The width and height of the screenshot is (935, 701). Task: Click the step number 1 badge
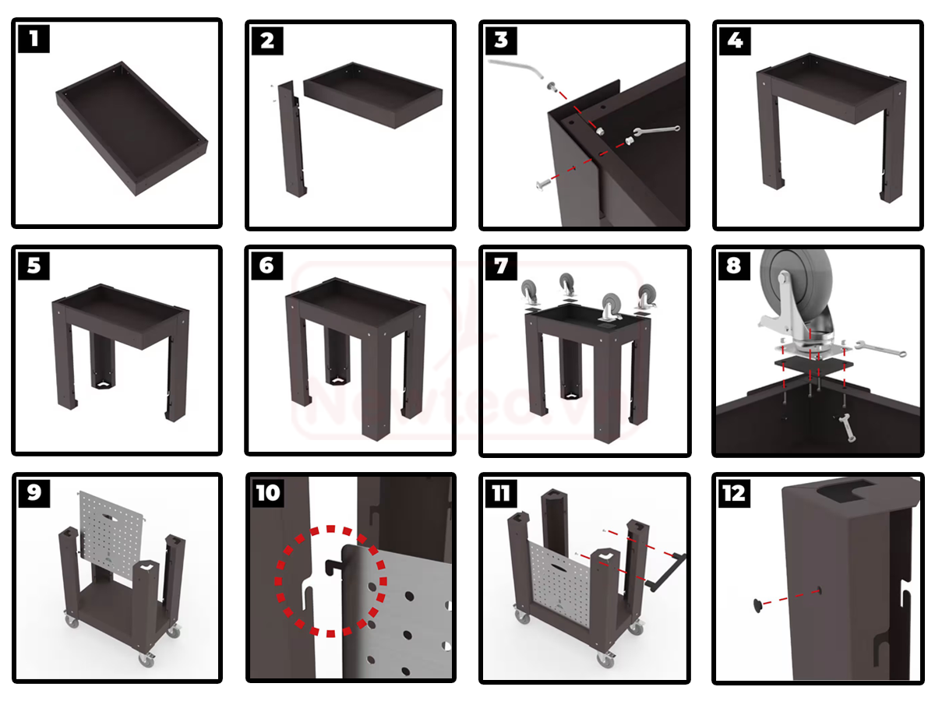(34, 38)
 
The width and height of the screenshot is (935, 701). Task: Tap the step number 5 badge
(34, 266)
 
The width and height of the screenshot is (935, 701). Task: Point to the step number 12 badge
(733, 492)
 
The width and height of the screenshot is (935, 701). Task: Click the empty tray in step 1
(131, 129)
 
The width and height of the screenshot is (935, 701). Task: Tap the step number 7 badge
(501, 266)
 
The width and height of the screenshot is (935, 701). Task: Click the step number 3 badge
(501, 38)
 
